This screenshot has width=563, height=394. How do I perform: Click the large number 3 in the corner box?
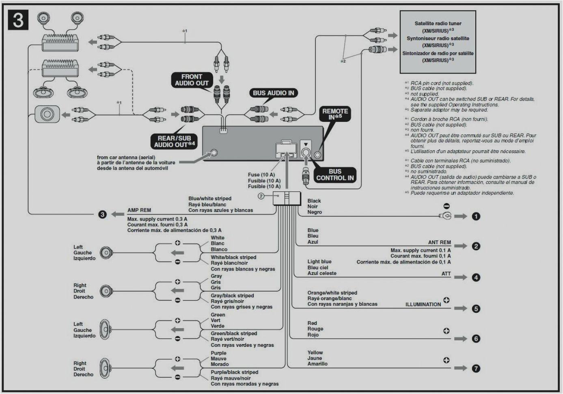pos(18,20)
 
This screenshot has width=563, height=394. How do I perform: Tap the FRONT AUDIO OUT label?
pos(192,80)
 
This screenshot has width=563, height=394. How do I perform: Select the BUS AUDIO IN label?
pos(273,93)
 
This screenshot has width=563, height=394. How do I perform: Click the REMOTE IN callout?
pos(335,114)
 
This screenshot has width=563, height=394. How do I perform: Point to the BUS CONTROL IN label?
pos(335,175)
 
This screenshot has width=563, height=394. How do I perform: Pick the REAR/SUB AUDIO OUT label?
pos(175,141)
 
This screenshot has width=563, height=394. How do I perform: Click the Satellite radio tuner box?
pos(438,41)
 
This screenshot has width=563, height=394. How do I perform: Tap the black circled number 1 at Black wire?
pos(476,216)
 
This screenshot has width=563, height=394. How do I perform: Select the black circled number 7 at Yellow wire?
pos(476,368)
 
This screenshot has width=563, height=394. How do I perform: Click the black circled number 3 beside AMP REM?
pos(103,214)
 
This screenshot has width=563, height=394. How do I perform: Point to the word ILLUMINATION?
pos(423,304)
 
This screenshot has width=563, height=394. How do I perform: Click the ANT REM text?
pos(439,242)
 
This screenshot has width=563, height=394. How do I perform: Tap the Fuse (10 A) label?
pos(261,175)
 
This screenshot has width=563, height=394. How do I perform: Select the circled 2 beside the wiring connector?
pos(261,196)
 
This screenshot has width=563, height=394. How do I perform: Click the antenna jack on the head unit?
pos(214,153)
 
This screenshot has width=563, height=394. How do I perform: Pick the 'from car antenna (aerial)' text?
pos(131,157)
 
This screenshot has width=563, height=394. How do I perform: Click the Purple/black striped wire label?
pos(234,372)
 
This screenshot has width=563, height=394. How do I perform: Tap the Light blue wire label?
pos(319,262)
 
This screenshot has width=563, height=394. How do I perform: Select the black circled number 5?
pos(476,309)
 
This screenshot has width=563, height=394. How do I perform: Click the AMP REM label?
pos(139,210)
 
